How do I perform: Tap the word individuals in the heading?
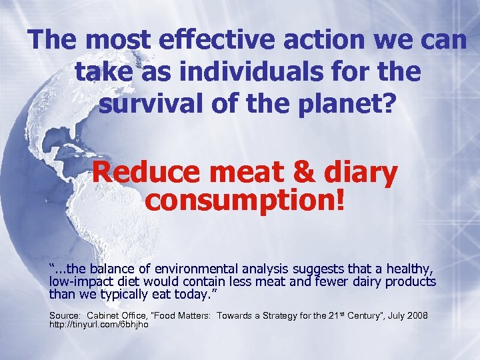coord(283,72)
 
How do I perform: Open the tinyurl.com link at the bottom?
coord(98,325)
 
